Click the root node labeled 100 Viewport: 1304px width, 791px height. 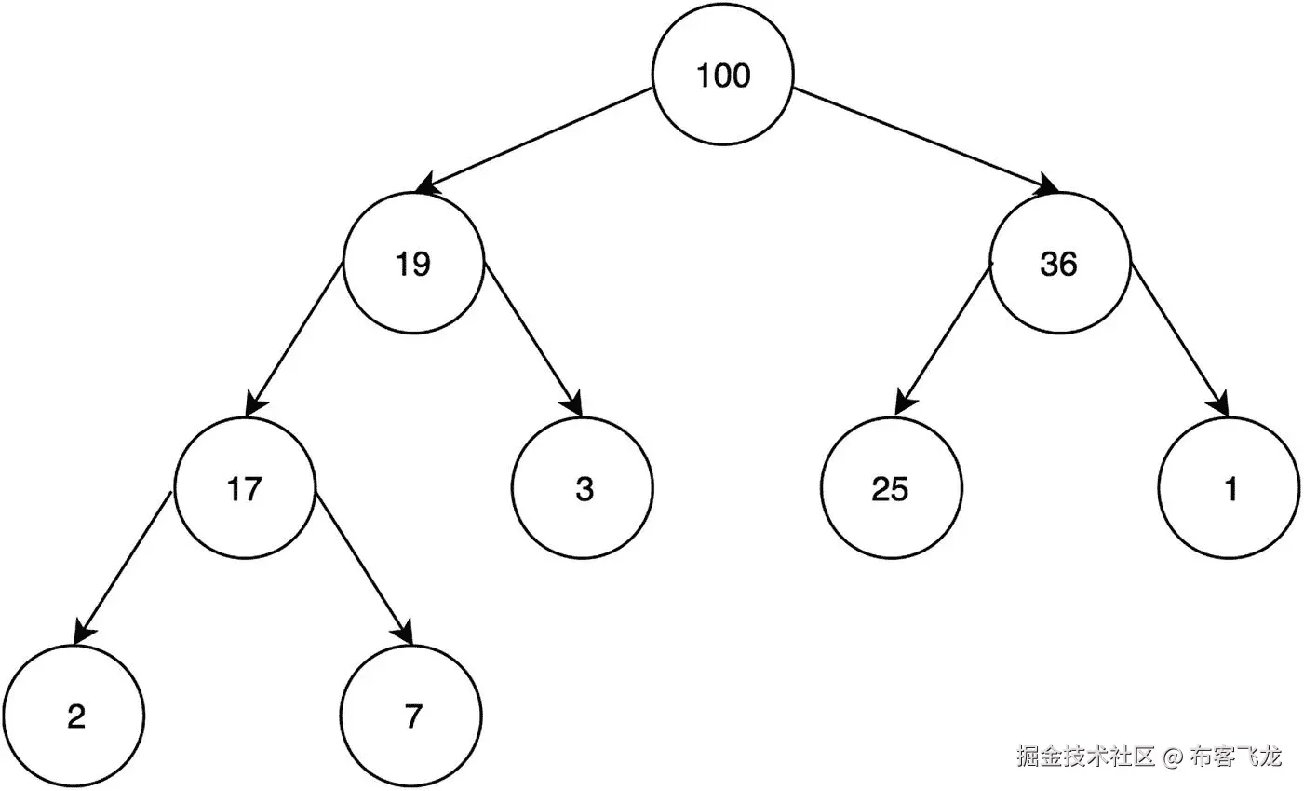point(723,75)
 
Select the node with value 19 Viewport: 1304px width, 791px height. point(413,264)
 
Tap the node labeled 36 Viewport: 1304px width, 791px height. point(1059,264)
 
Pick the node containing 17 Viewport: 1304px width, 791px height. point(245,488)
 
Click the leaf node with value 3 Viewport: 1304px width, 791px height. point(583,488)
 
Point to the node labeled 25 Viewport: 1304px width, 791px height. point(891,488)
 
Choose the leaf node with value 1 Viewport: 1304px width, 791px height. point(1230,488)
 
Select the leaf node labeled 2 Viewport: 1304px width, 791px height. point(74,716)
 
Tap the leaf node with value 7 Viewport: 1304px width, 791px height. point(412,716)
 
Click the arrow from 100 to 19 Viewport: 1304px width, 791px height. point(535,141)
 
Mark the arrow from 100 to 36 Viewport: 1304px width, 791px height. point(926,141)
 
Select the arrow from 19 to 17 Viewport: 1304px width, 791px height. point(294,339)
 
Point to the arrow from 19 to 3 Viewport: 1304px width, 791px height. point(533,339)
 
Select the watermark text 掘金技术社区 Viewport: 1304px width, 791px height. point(1085,756)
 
